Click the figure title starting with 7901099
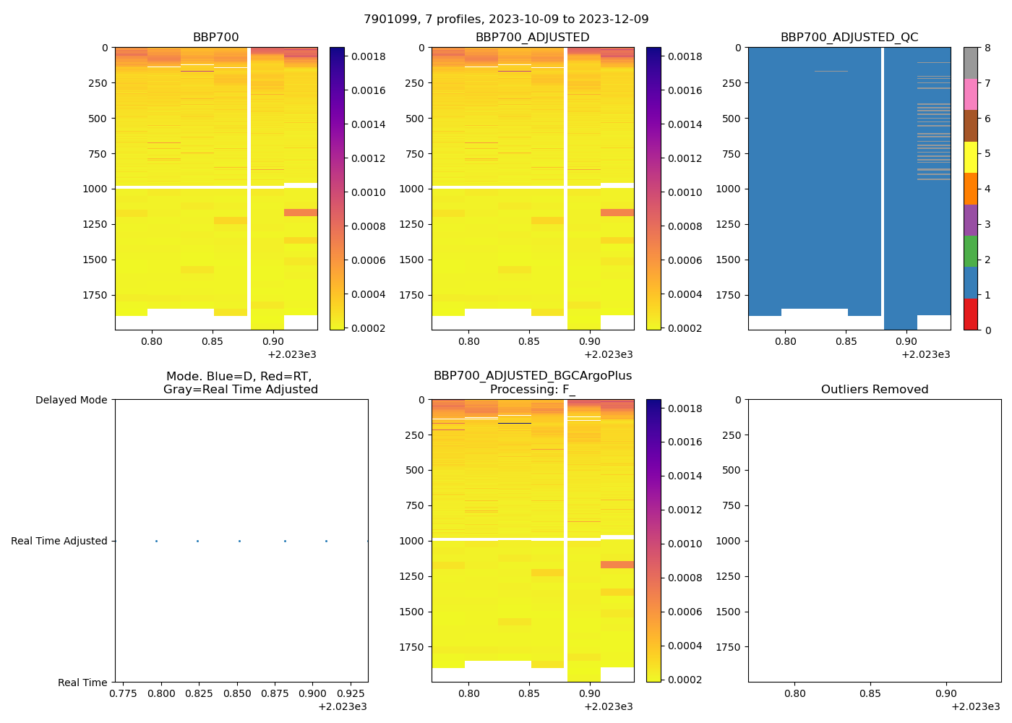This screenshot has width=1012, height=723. [x=506, y=20]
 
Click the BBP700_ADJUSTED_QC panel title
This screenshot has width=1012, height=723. [x=849, y=38]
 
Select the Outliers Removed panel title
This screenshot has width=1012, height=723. [x=874, y=390]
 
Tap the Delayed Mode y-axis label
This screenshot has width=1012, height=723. [x=71, y=400]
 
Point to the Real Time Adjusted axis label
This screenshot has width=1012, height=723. [x=59, y=541]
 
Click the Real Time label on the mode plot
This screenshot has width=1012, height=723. [x=82, y=683]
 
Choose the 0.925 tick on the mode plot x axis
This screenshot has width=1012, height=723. [x=350, y=693]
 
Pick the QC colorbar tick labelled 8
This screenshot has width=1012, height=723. [x=987, y=48]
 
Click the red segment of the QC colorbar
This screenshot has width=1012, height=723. [x=970, y=315]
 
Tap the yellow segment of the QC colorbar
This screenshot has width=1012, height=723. [x=970, y=158]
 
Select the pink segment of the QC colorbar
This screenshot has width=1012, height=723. [x=970, y=95]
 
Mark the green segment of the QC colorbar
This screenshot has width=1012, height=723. [x=970, y=252]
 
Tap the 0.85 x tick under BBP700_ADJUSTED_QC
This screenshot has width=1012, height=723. [x=846, y=341]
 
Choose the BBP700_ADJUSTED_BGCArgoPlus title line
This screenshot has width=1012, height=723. [x=532, y=376]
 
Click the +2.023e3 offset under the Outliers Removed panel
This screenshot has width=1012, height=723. [x=975, y=706]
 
